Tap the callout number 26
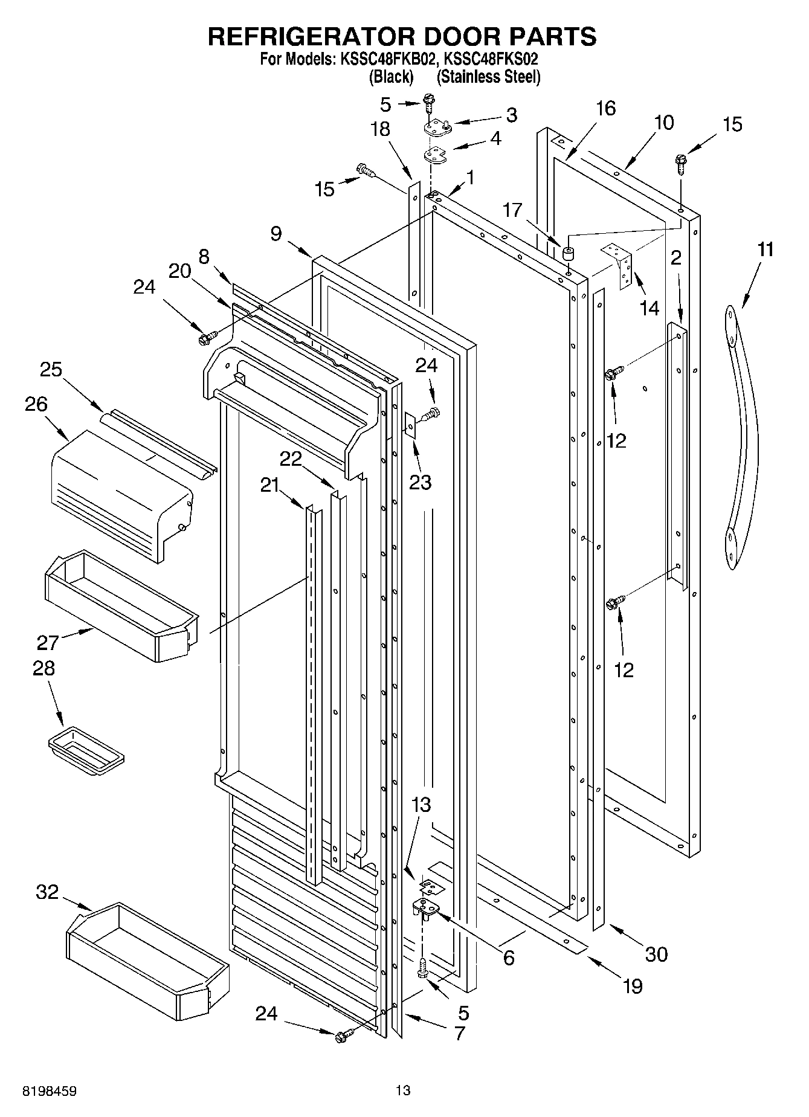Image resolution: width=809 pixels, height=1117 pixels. (x=36, y=404)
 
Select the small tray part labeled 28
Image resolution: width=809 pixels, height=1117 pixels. (x=86, y=750)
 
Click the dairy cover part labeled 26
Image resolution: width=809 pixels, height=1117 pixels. (x=121, y=495)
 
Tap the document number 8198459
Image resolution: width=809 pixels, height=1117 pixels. (x=50, y=1090)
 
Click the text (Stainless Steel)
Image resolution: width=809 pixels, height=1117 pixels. (x=488, y=77)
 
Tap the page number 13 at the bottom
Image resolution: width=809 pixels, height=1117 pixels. (x=403, y=1090)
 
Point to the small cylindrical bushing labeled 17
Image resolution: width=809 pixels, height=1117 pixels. (x=567, y=253)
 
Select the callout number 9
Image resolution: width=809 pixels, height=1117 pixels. (x=276, y=234)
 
